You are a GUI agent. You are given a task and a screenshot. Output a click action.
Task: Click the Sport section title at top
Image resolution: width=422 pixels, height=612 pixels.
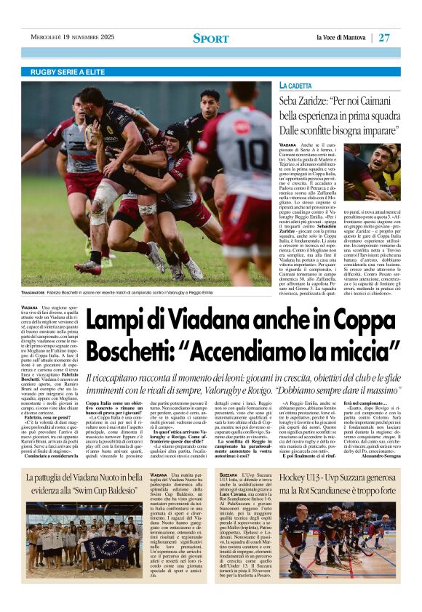(x=211, y=38)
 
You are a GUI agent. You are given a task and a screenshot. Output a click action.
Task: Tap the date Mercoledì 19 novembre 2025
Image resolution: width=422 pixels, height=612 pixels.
(x=72, y=37)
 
